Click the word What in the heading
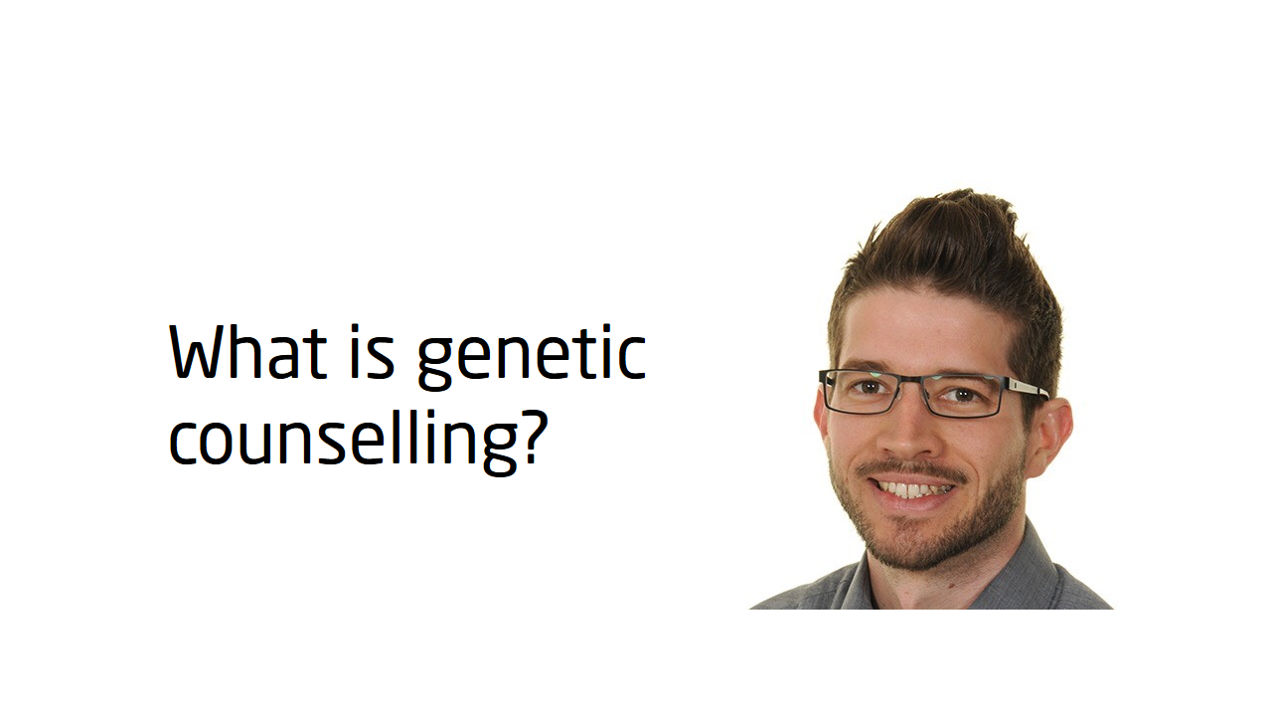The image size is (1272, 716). pyautogui.click(x=248, y=351)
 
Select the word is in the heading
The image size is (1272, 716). pyautogui.click(x=372, y=351)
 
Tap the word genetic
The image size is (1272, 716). pyautogui.click(x=532, y=357)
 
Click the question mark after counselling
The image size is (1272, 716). pyautogui.click(x=535, y=436)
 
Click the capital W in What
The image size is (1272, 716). pyautogui.click(x=200, y=351)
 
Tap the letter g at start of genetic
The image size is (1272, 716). pyautogui.click(x=435, y=364)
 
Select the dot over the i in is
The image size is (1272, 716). pyautogui.click(x=356, y=328)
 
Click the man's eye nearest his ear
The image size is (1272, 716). pyautogui.click(x=959, y=395)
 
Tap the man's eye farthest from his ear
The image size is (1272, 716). pyautogui.click(x=869, y=387)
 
